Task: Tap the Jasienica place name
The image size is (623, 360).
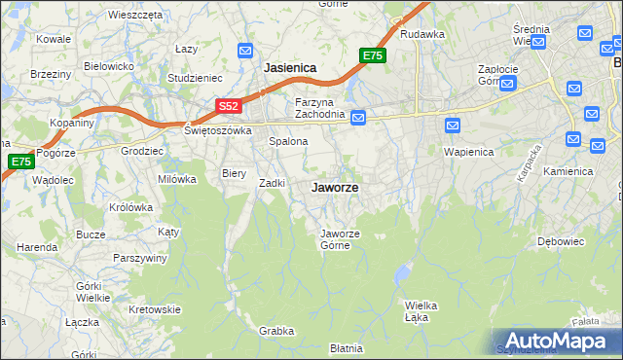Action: click(x=291, y=68)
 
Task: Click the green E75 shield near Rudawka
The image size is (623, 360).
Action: click(x=373, y=56)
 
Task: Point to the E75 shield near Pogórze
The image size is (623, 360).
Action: click(x=20, y=162)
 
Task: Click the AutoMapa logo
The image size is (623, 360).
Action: click(x=558, y=341)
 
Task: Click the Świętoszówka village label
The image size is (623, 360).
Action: click(x=218, y=129)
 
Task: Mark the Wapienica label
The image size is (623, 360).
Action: click(x=468, y=152)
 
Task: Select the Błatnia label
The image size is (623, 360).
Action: click(x=346, y=347)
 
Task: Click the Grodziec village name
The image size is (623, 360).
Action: click(x=141, y=151)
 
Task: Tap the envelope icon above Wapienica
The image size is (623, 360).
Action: click(x=453, y=126)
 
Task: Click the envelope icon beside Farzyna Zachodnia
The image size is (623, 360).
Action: click(x=358, y=118)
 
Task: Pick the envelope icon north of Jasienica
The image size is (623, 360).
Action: click(x=245, y=51)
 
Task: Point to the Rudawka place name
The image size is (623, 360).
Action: click(x=421, y=34)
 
